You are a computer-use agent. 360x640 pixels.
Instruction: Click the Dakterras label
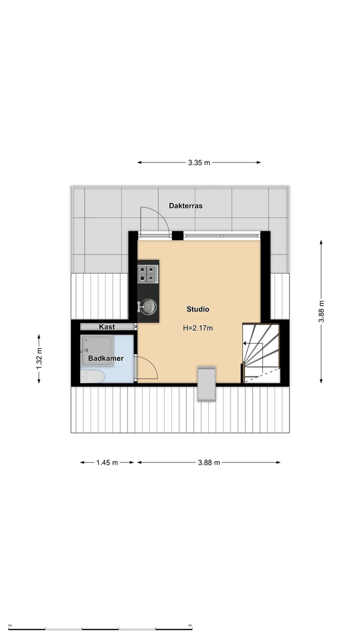pos(185,205)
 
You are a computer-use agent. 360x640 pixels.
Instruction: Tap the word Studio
pos(198,309)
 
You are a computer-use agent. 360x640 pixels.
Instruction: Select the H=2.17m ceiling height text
pos(198,328)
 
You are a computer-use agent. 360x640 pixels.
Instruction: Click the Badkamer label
pos(105,358)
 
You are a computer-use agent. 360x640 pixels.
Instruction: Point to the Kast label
pos(107,327)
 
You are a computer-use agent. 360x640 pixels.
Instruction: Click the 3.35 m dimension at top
pos(199,162)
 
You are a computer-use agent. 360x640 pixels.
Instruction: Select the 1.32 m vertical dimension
pos(39,358)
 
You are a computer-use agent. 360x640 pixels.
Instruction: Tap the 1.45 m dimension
pos(107,462)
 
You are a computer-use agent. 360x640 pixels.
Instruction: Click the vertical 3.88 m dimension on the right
pos(321,311)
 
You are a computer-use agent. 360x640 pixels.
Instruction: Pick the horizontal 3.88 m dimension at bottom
pos(209,462)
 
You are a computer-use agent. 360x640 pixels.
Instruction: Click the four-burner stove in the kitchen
pos(148,273)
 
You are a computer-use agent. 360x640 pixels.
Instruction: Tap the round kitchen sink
pos(148,307)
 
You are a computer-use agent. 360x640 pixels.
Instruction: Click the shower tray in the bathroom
pos(97,351)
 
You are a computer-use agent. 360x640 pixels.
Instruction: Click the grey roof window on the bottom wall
pos(206,384)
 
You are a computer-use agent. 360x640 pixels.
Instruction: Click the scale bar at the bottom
pos(100,628)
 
